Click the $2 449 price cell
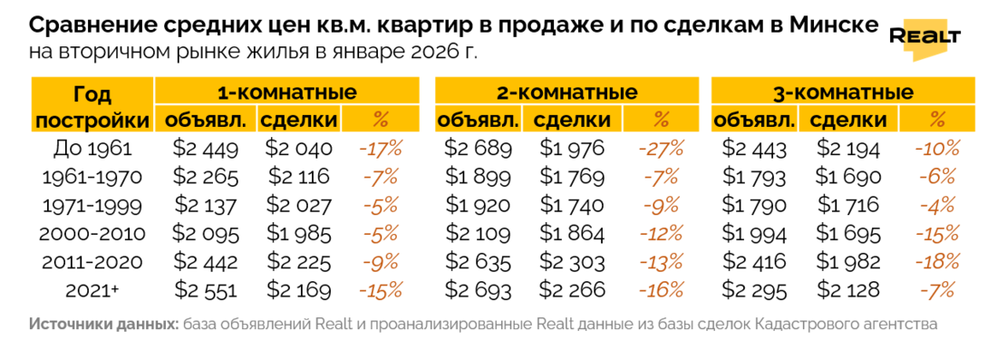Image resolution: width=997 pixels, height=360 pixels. tap(206, 148)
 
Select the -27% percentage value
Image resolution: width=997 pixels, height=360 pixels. tap(661, 148)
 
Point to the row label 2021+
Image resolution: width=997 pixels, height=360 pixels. tap(92, 290)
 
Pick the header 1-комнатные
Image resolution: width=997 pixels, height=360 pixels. tap(286, 92)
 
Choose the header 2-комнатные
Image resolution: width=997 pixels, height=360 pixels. tap(567, 92)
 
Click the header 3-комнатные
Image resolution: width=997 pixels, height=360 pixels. tap(843, 92)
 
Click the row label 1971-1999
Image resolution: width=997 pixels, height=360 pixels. tap(92, 205)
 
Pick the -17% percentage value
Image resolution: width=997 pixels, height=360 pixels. tap(381, 148)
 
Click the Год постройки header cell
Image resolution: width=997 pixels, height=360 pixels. tap(92, 106)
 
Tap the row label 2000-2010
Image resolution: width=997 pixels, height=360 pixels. tap(92, 233)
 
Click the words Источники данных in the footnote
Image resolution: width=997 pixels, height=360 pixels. tap(103, 324)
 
